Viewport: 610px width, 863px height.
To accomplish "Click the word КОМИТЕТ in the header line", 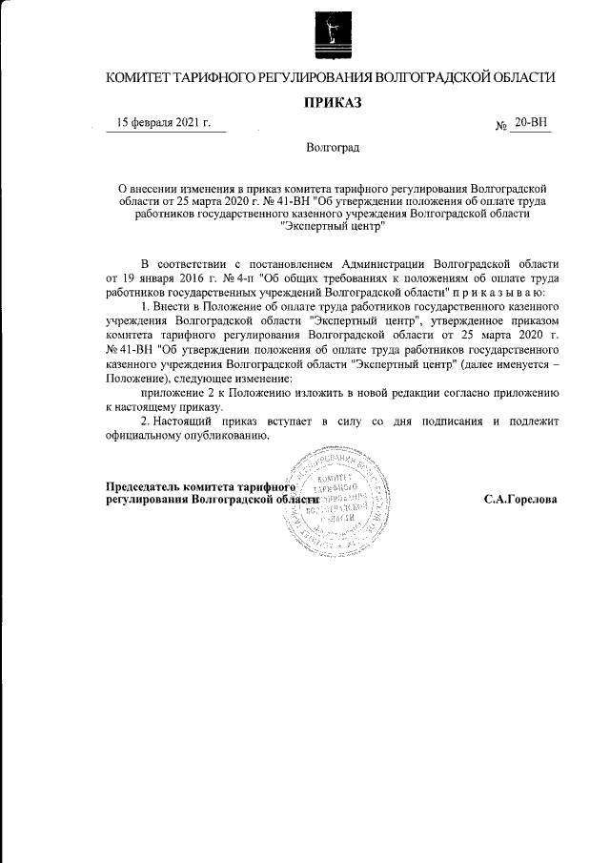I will point(143,76).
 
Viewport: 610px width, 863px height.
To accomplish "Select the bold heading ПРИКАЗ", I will point(331,102).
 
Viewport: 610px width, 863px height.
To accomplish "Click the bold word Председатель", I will point(142,486).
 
